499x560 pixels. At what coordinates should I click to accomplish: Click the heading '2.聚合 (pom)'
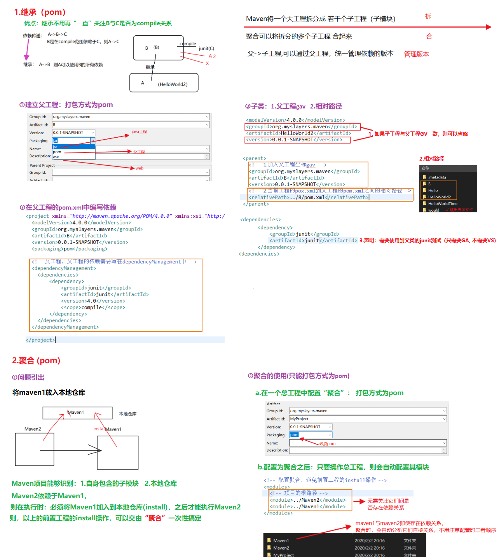[x=36, y=360]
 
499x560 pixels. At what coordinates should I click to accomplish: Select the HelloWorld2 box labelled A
[x=164, y=83]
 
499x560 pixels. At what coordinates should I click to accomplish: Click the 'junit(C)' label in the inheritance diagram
[x=206, y=49]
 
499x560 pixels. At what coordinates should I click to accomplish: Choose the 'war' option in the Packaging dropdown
[x=56, y=157]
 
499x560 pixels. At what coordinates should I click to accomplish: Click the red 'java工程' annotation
[x=139, y=131]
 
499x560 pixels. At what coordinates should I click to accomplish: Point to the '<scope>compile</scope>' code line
[x=93, y=308]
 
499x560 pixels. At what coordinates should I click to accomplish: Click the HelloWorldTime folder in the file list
[x=442, y=203]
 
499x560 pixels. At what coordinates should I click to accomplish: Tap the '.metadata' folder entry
[x=437, y=177]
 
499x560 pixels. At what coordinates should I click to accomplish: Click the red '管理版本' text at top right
[x=416, y=54]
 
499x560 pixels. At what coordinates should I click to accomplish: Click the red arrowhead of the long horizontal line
[x=489, y=27]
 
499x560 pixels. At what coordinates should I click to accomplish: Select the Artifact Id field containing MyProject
[x=367, y=419]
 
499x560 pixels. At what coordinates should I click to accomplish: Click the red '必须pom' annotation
[x=327, y=444]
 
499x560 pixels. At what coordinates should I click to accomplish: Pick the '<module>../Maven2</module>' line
[x=307, y=500]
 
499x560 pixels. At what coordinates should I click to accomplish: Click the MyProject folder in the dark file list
[x=283, y=555]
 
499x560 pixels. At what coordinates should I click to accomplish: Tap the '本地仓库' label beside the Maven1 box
[x=127, y=414]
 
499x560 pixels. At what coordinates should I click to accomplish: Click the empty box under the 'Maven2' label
[x=35, y=449]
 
